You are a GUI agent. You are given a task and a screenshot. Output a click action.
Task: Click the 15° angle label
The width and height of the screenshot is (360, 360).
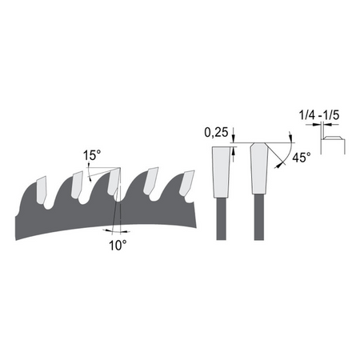[x=92, y=155]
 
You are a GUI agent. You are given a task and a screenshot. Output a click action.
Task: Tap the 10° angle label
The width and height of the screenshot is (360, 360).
[x=118, y=246]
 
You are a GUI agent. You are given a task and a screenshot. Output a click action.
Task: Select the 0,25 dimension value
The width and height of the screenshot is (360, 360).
[x=216, y=133]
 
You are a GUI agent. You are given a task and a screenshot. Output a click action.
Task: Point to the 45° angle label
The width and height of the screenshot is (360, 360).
[x=302, y=158]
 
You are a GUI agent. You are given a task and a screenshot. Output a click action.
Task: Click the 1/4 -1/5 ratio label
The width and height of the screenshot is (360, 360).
[x=319, y=115]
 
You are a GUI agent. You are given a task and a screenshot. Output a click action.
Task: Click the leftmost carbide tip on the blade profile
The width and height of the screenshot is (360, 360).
[x=42, y=190]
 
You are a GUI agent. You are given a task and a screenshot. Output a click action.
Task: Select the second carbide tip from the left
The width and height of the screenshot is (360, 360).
[x=78, y=185]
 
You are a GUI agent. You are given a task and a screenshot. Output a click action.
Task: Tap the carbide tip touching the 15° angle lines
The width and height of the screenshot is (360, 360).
[x=114, y=182]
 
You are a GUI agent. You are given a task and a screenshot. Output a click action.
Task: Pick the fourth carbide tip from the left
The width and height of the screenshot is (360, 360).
[x=150, y=181]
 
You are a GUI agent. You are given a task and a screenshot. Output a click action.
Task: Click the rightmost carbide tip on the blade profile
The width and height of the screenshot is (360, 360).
[x=186, y=182]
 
